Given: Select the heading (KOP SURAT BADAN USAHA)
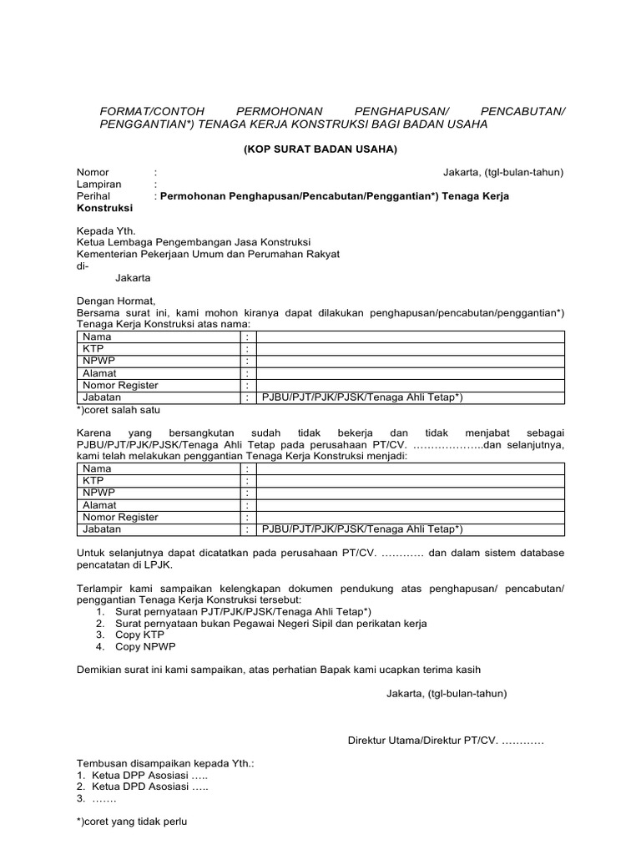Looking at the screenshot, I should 320,149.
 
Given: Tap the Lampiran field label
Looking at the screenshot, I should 99,184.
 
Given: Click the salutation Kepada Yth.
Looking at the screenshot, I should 105,230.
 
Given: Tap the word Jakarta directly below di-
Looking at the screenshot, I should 133,277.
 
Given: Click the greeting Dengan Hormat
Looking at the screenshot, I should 116,301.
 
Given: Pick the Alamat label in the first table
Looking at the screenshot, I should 99,373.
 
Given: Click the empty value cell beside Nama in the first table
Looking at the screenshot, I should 409,336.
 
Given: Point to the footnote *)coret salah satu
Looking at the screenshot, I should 118,410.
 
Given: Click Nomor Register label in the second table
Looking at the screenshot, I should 120,517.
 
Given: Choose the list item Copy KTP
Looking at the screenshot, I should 140,635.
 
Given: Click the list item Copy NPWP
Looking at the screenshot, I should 144,647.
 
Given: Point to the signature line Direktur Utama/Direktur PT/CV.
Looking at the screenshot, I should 445,741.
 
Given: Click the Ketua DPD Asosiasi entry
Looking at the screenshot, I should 148,787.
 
